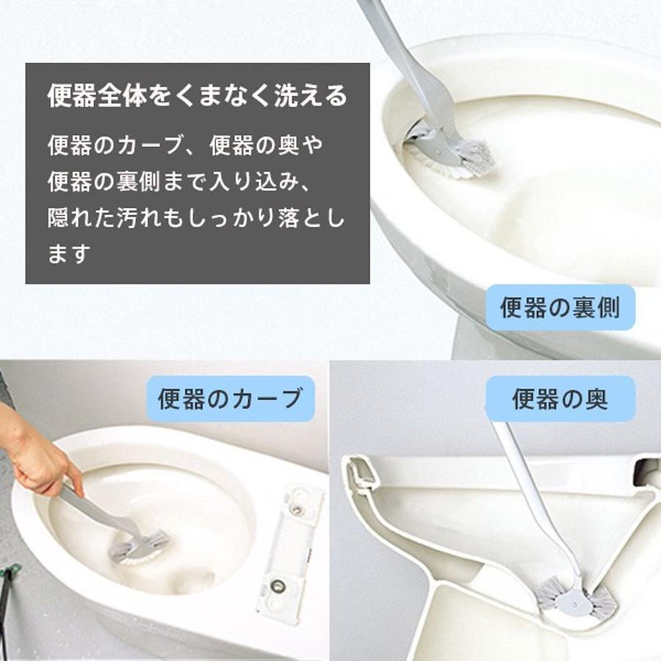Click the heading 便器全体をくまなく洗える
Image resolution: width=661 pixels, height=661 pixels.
click(198, 95)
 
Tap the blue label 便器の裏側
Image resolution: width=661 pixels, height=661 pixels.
click(560, 307)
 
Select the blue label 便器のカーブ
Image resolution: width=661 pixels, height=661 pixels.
click(231, 398)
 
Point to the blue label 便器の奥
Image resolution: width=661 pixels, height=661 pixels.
click(560, 399)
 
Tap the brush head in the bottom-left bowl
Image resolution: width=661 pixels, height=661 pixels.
click(139, 548)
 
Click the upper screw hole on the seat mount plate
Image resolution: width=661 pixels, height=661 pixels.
click(297, 509)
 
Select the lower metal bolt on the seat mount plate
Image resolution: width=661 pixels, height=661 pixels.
click(277, 585)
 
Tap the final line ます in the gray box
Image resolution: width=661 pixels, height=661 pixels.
click(69, 253)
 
